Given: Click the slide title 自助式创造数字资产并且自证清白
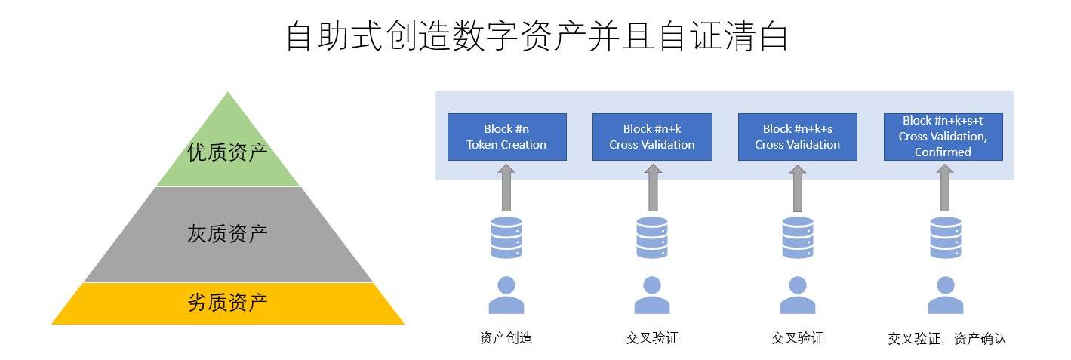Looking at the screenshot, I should (x=537, y=36).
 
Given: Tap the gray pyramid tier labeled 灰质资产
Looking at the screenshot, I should (x=227, y=234).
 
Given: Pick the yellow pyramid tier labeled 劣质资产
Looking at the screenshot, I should (x=227, y=303).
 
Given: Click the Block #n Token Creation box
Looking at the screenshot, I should (x=506, y=137).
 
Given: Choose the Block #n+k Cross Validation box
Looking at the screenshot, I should (x=652, y=137).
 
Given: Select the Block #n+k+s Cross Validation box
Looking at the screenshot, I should (x=797, y=137).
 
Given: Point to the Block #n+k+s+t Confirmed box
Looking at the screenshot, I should (x=943, y=137).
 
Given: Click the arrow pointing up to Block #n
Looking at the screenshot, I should (x=506, y=188).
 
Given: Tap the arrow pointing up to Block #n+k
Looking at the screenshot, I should (x=652, y=188).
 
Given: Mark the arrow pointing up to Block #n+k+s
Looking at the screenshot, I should (x=797, y=188).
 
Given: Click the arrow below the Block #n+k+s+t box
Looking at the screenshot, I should (x=944, y=188).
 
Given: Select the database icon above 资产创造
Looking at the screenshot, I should (x=506, y=237).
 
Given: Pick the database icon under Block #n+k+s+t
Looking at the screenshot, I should (x=945, y=237).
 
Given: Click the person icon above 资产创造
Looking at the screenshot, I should (x=506, y=295).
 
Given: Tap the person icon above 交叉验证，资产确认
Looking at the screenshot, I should (x=945, y=295).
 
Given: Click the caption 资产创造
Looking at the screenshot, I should (x=506, y=338).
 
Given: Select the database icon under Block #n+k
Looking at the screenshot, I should (x=651, y=237).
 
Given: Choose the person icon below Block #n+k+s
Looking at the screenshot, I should (x=797, y=295).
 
